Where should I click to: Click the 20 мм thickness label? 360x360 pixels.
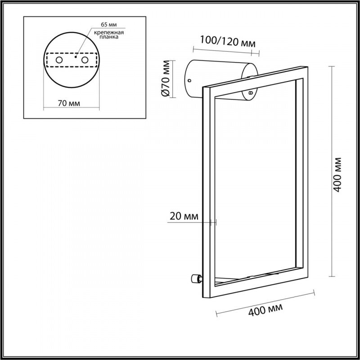[x=184, y=216]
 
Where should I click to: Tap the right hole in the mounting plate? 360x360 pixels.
[x=85, y=60]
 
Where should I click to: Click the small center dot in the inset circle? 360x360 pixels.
[x=76, y=58]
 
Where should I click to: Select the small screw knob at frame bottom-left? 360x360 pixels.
[x=195, y=279]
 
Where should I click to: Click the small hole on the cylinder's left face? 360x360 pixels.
[x=189, y=81]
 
